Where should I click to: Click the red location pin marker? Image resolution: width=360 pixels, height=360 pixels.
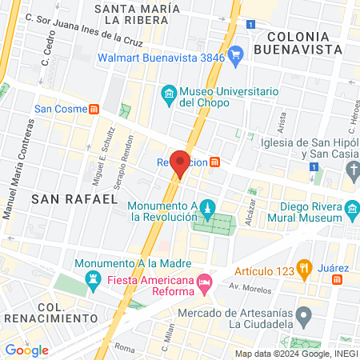[181, 163]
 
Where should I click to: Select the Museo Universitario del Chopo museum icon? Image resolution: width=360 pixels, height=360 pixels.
[169, 94]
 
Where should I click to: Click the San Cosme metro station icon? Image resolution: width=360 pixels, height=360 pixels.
[94, 109]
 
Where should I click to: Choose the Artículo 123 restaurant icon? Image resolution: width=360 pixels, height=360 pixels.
[303, 266]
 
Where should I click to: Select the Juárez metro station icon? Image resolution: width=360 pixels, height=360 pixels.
[338, 279]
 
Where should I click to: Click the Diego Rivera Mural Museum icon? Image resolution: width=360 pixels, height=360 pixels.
[352, 213]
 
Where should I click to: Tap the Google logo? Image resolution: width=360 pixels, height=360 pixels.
[27, 350]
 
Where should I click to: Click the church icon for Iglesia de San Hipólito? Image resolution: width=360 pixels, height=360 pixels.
[353, 170]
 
